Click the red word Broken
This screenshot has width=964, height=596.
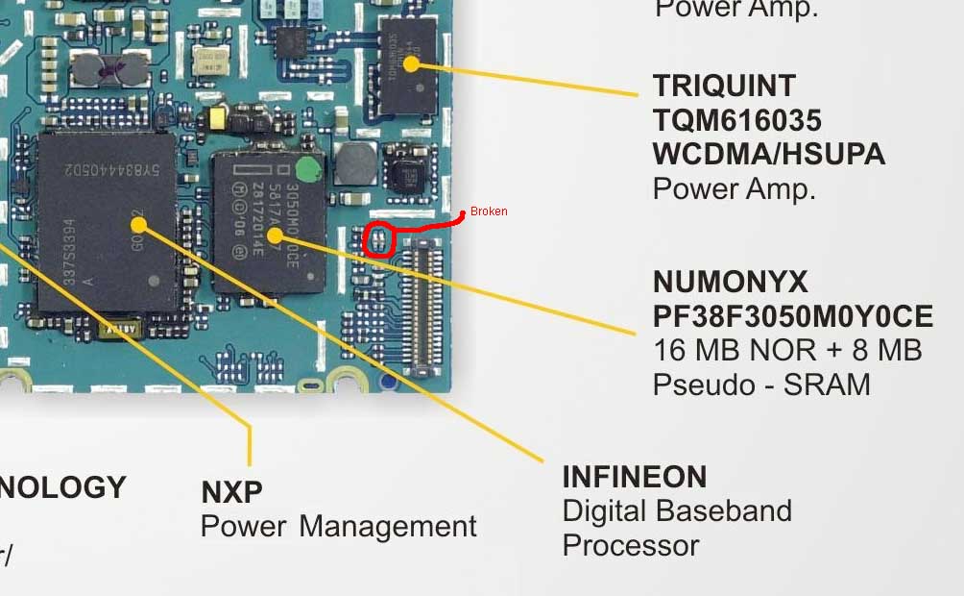(489, 211)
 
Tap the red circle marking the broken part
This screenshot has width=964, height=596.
(380, 238)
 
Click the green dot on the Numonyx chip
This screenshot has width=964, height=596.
(308, 171)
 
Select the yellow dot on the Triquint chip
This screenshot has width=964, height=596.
(411, 64)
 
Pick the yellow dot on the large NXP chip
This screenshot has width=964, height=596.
(138, 224)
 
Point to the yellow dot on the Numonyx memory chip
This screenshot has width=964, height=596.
(275, 234)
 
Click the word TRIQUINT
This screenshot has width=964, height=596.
(724, 86)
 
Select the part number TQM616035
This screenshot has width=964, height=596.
(736, 120)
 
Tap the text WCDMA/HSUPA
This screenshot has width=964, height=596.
(768, 154)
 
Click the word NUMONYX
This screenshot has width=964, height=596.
(731, 282)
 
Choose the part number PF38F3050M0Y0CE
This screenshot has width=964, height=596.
(793, 316)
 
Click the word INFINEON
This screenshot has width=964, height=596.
(634, 477)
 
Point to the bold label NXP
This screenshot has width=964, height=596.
(231, 492)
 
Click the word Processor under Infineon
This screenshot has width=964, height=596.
(630, 545)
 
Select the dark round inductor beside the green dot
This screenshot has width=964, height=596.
(356, 162)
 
